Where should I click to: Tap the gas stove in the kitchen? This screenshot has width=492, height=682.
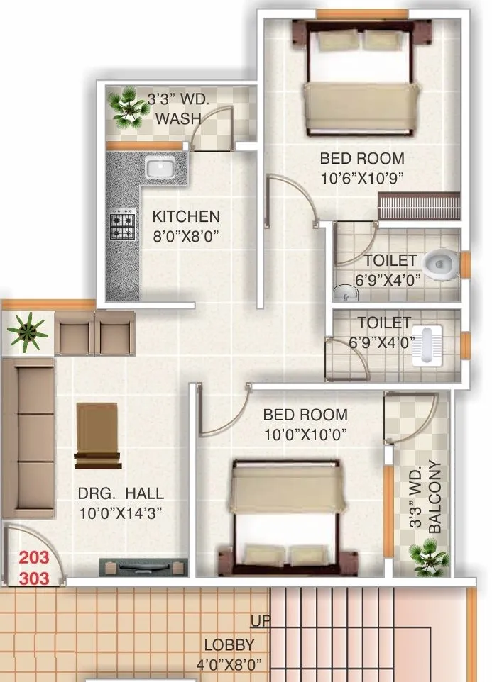pyautogui.click(x=122, y=223)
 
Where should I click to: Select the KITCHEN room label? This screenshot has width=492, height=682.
pyautogui.click(x=186, y=216)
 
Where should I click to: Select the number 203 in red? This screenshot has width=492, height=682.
pyautogui.click(x=34, y=558)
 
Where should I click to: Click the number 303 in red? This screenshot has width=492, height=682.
pyautogui.click(x=34, y=578)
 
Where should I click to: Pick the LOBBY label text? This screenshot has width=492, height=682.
pyautogui.click(x=229, y=645)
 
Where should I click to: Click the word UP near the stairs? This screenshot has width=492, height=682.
pyautogui.click(x=260, y=621)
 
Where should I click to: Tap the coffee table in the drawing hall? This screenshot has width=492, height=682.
pyautogui.click(x=97, y=435)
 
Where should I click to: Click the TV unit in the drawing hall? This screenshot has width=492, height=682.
pyautogui.click(x=143, y=567)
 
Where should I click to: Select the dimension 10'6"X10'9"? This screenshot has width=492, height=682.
pyautogui.click(x=362, y=179)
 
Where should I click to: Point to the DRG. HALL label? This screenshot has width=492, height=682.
pyautogui.click(x=121, y=493)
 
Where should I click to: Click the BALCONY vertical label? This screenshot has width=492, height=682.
pyautogui.click(x=436, y=497)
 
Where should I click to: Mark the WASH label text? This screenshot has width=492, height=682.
pyautogui.click(x=178, y=118)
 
